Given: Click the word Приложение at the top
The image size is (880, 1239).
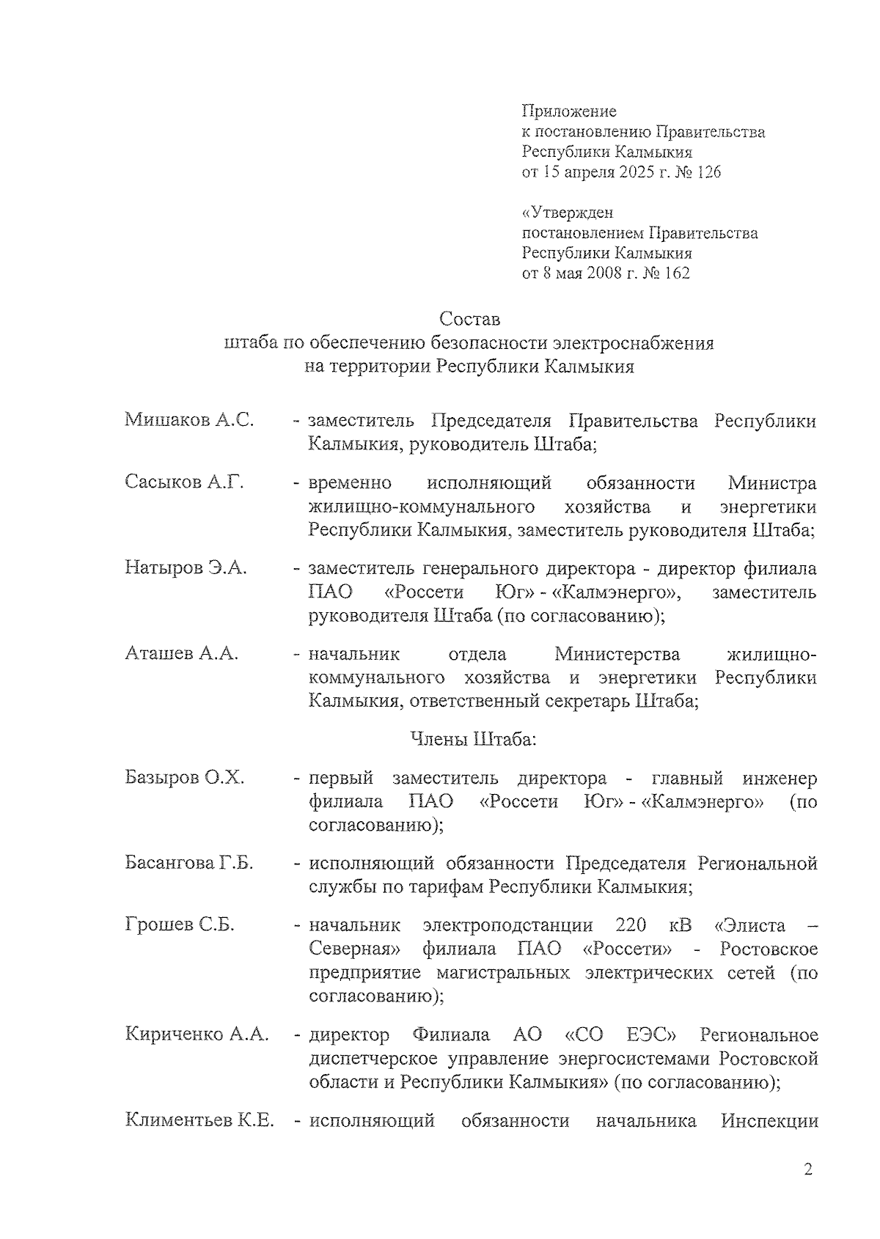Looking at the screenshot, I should pyautogui.click(x=568, y=111).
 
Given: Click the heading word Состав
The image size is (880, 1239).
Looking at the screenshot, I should pyautogui.click(x=469, y=320).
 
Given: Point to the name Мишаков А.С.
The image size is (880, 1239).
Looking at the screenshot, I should pyautogui.click(x=189, y=420).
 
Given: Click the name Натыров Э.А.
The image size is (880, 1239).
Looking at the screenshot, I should pyautogui.click(x=186, y=567).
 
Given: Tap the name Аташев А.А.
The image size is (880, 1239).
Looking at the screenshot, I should pyautogui.click(x=182, y=652).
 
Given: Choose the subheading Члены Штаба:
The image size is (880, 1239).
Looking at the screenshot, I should pyautogui.click(x=473, y=739).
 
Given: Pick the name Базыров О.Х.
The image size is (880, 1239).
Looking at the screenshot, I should pyautogui.click(x=184, y=777).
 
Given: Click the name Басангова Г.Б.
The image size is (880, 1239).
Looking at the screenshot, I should pyautogui.click(x=189, y=863).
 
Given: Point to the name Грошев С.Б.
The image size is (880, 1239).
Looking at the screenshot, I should pyautogui.click(x=180, y=924).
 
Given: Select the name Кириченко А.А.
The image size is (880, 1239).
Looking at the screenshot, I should pyautogui.click(x=197, y=1034).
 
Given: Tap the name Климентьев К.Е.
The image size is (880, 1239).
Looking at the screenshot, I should pyautogui.click(x=199, y=1120).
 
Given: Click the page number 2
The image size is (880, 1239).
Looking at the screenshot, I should pyautogui.click(x=808, y=1169).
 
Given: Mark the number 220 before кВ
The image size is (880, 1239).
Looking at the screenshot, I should pyautogui.click(x=631, y=924).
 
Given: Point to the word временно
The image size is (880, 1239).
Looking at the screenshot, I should pyautogui.click(x=350, y=483).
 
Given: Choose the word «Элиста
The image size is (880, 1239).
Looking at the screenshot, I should pyautogui.click(x=749, y=924).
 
